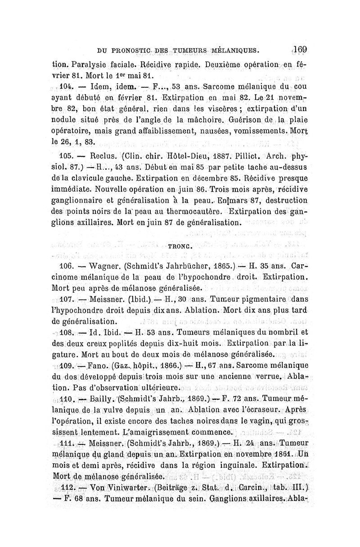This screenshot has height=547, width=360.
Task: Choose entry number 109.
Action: pos(66,366)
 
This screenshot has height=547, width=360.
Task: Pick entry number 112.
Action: pos(66,487)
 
